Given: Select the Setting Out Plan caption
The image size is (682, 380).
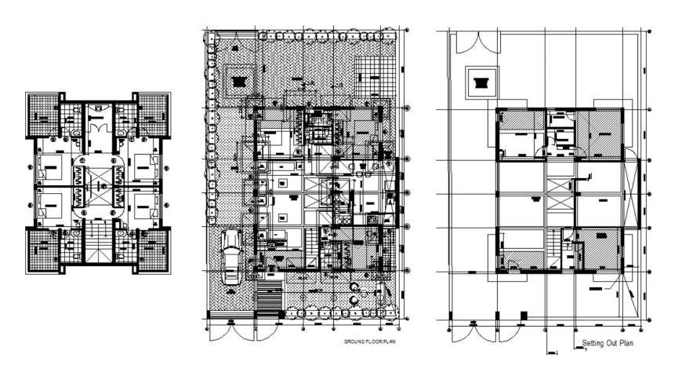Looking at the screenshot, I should click(608, 343).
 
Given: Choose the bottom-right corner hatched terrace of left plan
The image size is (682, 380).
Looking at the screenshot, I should click(152, 249).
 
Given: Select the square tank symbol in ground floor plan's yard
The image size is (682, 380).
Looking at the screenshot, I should click(239, 79).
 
